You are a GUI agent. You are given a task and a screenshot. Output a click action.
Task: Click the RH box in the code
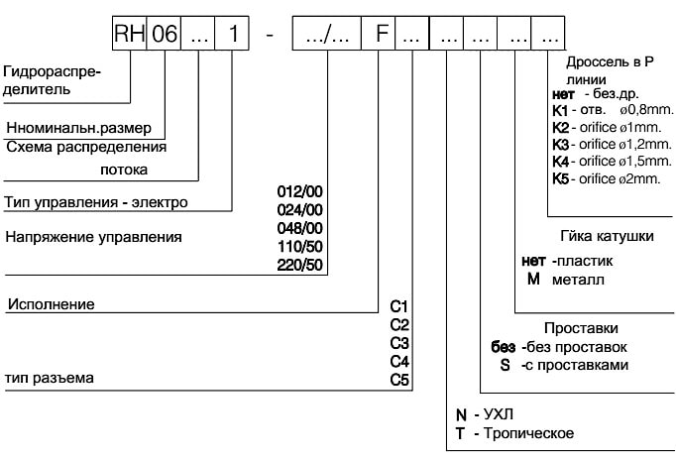point(129,35)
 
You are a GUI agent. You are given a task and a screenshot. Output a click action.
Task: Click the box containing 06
point(165,35)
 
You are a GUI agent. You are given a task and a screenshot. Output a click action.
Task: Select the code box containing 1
point(232,35)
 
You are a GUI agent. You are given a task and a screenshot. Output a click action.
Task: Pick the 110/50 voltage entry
point(304,245)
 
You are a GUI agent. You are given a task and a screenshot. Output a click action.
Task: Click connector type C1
point(399,306)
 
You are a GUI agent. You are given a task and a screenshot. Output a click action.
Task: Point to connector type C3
point(399,342)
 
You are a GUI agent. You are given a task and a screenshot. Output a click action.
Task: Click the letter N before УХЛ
point(460,413)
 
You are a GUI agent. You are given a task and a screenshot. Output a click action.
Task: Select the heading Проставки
point(582,328)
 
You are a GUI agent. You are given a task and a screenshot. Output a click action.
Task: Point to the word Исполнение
point(51,304)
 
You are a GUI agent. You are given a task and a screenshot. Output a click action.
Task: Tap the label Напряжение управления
point(94,238)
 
